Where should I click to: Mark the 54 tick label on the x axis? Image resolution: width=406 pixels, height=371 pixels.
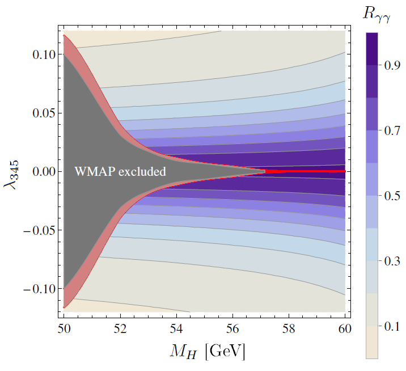tap(176, 328)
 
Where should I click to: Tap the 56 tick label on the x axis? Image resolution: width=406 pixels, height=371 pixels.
tap(232, 328)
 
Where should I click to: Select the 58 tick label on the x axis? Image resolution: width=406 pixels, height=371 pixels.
tap(289, 328)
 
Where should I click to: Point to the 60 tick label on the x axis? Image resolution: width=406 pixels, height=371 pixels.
tap(344, 328)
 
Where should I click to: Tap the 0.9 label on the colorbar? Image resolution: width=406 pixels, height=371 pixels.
tap(386, 65)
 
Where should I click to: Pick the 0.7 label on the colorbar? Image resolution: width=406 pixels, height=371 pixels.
tap(386, 130)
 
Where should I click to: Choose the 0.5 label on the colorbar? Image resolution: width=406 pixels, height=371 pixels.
tap(386, 196)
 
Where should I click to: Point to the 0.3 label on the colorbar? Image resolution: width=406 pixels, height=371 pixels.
tap(386, 261)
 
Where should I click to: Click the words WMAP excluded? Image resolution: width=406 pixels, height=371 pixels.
tap(120, 171)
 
